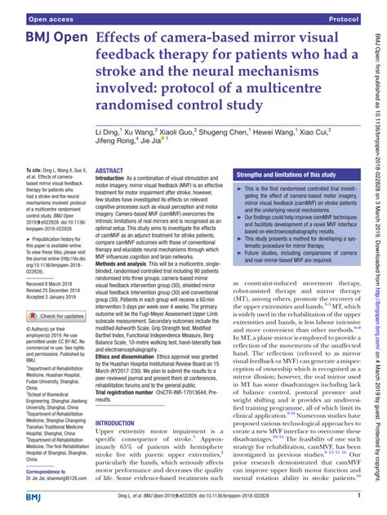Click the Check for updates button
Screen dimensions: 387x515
tap(49, 316)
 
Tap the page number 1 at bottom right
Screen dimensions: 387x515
tap(358, 495)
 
